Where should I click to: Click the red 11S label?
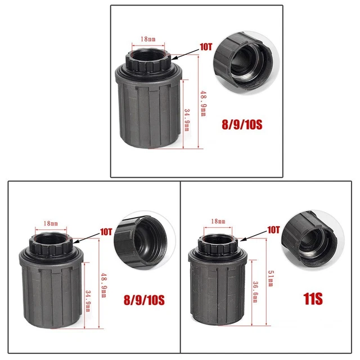click(313, 299)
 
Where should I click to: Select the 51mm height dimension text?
click(271, 278)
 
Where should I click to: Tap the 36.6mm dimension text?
click(255, 292)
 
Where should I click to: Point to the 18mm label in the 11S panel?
click(218, 221)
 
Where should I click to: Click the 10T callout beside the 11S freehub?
click(273, 230)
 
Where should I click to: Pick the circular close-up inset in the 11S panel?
click(313, 240)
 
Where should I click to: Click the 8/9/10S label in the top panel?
click(242, 125)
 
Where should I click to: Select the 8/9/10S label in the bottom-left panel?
click(144, 300)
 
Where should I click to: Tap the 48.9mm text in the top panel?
click(204, 103)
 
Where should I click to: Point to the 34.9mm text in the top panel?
click(187, 120)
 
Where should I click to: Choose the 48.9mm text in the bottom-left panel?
click(103, 285)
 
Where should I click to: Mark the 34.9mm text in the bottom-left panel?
click(88, 301)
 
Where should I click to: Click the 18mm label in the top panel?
click(148, 39)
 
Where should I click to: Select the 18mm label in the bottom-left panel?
click(51, 223)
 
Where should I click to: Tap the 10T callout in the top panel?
click(206, 47)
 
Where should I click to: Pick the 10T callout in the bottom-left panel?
click(106, 232)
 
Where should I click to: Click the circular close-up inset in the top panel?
click(246, 62)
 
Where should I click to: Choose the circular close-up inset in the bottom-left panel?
click(145, 240)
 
